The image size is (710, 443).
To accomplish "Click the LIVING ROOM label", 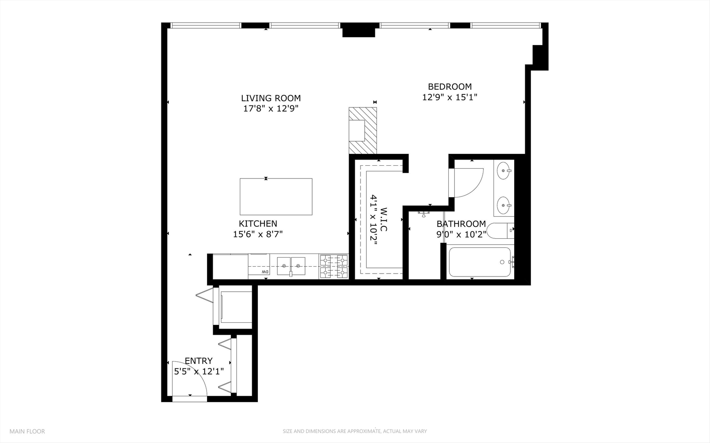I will click(271, 98).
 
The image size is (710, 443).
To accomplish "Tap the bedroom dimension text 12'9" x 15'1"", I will click(449, 97).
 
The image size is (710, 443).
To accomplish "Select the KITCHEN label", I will click(258, 224).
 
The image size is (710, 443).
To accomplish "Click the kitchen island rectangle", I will click(276, 196).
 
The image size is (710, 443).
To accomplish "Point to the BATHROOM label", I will click(461, 224).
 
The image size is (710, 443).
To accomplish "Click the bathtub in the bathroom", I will click(480, 262).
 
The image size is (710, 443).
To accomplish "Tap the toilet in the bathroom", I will click(499, 231).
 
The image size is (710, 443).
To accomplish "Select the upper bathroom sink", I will click(503, 170).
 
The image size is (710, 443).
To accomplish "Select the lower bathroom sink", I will click(503, 205).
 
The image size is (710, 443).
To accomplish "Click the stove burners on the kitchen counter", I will click(334, 266).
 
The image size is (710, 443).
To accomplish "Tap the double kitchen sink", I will click(291, 266).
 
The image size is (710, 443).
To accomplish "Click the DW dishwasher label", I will click(265, 272).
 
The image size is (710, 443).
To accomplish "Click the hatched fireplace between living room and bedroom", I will click(363, 130).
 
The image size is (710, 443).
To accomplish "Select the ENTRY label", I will click(198, 361).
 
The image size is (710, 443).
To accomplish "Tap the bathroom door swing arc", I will click(470, 183).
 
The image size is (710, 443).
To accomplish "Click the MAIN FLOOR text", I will click(27, 431).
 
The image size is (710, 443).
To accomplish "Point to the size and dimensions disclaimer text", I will click(354, 431).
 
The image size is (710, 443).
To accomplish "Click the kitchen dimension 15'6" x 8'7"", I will click(257, 234).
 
